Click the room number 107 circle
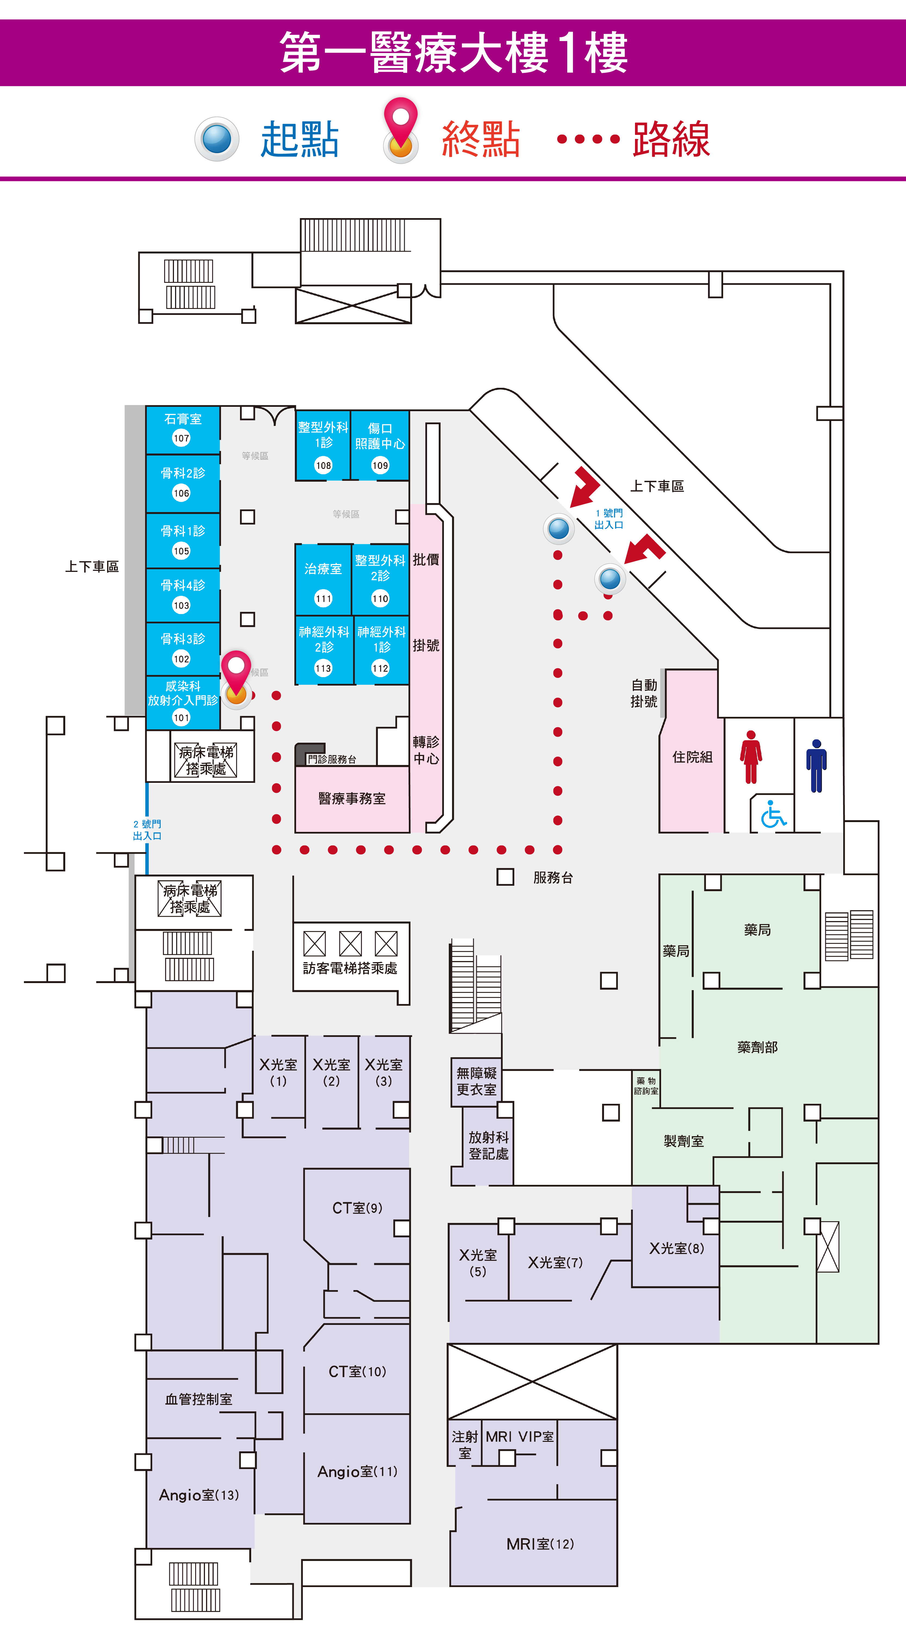181,438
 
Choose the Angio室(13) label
199,1495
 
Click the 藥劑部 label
757,1047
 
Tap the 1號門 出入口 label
609,519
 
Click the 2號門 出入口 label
147,830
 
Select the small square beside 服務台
505,877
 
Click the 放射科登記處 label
488,1145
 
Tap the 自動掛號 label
644,693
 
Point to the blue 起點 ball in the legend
217,139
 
